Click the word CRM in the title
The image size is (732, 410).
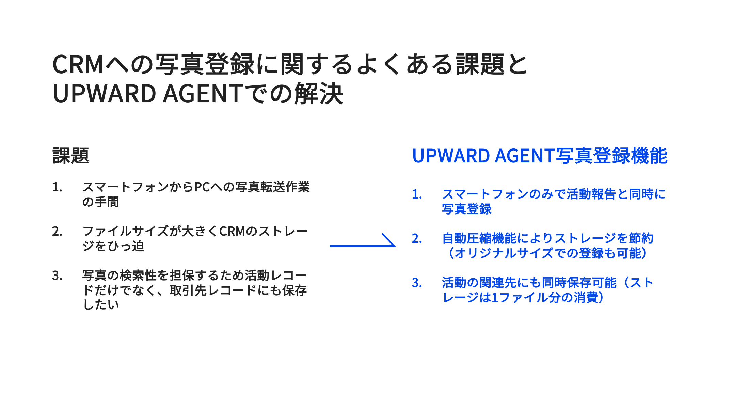click(78, 64)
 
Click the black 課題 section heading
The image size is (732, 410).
click(71, 156)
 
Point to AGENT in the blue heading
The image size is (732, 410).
click(525, 156)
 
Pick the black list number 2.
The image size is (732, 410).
click(57, 232)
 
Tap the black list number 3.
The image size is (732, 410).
click(57, 275)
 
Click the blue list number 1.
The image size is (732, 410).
click(417, 194)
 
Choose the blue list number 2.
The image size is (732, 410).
click(417, 239)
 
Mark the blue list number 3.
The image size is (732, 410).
click(417, 283)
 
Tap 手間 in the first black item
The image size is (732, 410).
click(107, 202)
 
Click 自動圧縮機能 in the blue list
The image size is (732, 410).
click(479, 238)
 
